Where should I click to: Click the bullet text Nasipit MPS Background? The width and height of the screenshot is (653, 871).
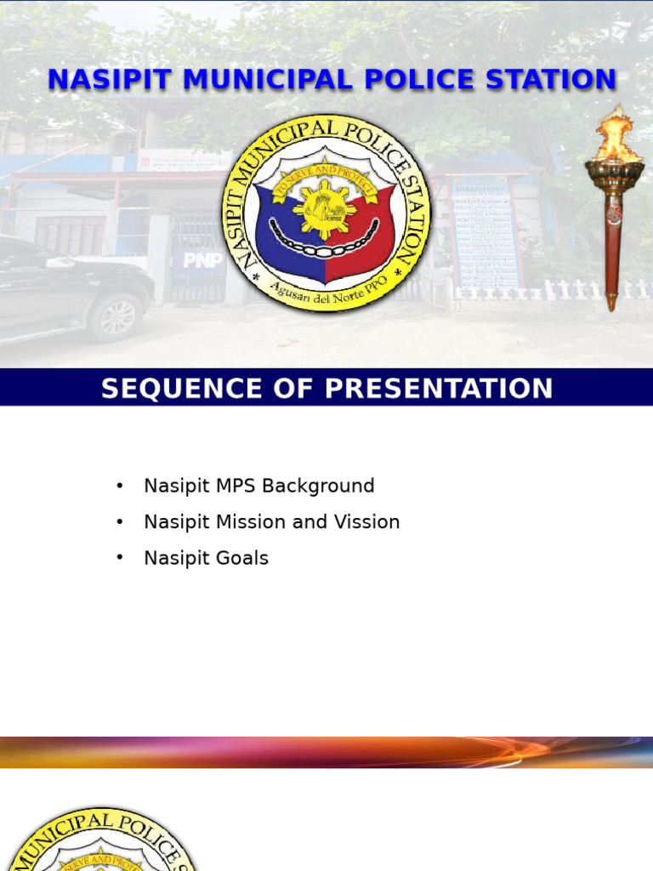pos(258,486)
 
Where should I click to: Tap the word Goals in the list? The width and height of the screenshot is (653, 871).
pos(242,559)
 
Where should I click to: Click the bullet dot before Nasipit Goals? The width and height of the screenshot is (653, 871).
pos(120,557)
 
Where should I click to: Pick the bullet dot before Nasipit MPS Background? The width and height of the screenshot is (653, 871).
pos(120,485)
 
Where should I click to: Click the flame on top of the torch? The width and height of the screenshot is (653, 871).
pos(614,136)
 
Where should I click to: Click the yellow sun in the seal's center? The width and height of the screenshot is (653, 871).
pos(325,207)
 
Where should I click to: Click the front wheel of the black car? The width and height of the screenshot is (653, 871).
pos(116,316)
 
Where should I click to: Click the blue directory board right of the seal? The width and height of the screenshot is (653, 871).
pos(484,230)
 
